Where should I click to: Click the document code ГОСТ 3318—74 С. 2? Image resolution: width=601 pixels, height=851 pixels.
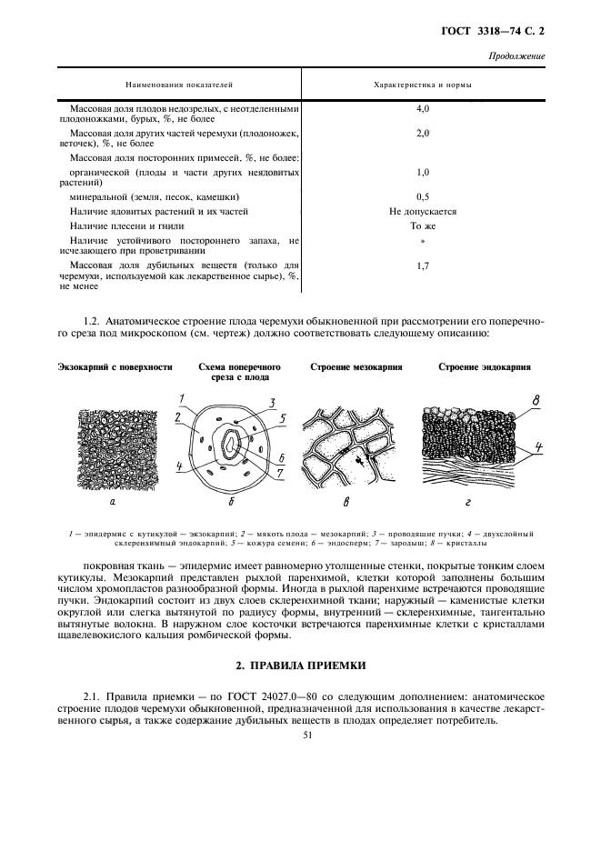pos(499,32)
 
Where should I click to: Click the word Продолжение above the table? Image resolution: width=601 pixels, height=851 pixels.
pos(516,56)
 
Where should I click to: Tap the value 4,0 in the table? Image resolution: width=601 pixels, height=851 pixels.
pos(422,108)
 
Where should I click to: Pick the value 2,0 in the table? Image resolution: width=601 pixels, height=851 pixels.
pos(422,133)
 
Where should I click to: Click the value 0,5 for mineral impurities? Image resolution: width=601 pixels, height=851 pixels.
pos(422,195)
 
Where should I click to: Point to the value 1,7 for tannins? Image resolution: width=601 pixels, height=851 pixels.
pos(422,265)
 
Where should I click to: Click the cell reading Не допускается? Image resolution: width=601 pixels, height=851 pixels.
pos(422,210)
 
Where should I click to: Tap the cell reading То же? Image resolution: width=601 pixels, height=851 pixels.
pos(422,225)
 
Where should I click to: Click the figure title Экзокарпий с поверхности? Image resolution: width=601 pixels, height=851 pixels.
pos(115,367)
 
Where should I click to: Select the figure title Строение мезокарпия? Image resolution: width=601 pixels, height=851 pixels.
pos(356,367)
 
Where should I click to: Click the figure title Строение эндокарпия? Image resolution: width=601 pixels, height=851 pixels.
pos(485,367)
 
